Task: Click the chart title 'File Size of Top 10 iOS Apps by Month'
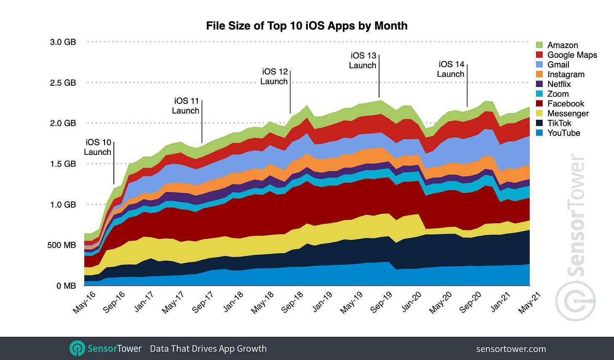(307, 26)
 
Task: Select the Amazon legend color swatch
(539, 45)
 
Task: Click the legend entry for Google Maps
(572, 55)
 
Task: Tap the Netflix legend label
(559, 84)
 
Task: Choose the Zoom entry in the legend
(557, 94)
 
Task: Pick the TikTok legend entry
(559, 123)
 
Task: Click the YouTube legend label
(563, 133)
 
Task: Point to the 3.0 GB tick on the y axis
(63, 42)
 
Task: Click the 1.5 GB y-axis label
(63, 164)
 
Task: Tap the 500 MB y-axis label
(61, 245)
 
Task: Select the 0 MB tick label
(66, 286)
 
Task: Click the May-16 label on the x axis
(84, 302)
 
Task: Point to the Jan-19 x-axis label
(323, 302)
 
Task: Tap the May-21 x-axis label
(529, 302)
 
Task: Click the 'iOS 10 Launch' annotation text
(97, 147)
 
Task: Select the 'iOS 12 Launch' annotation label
(274, 76)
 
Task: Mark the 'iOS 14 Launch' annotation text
(451, 69)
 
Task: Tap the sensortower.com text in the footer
(511, 349)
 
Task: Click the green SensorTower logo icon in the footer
(77, 349)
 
